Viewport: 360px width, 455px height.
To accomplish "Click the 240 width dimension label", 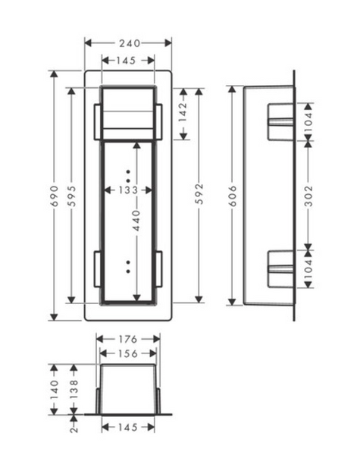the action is [130, 43].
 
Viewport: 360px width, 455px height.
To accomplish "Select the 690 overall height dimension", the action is [55, 196].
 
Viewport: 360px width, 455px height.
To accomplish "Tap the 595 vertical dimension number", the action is [71, 196].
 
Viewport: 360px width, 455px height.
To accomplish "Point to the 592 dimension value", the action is [199, 194].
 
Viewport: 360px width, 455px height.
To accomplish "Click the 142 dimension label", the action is [183, 112].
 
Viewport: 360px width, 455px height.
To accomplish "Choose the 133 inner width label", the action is [128, 190].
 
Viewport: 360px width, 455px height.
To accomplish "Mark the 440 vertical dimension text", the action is [136, 221].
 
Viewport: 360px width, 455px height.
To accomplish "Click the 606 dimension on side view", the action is [233, 196].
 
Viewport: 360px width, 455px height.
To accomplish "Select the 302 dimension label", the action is [308, 196].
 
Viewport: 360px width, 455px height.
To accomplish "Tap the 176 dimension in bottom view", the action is [128, 339].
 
